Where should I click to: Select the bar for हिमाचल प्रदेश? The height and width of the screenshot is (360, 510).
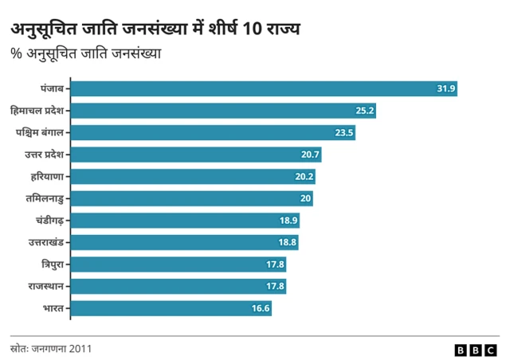(x=223, y=111)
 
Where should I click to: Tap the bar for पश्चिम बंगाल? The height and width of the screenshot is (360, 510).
(x=213, y=132)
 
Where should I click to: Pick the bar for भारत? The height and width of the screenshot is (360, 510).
(x=171, y=307)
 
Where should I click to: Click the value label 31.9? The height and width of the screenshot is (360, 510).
(x=445, y=88)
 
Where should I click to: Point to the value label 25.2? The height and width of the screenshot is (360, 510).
(x=364, y=111)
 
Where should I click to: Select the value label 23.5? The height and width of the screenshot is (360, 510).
(x=343, y=132)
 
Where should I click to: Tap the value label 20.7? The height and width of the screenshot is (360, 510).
(x=310, y=155)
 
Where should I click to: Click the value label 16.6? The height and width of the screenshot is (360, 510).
(x=260, y=307)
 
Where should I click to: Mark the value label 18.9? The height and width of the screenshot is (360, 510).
(x=288, y=220)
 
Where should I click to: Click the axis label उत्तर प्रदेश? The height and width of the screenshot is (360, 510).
(x=39, y=154)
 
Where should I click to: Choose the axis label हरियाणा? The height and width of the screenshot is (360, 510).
(x=45, y=176)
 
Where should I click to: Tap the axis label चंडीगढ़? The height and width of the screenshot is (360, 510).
(x=47, y=220)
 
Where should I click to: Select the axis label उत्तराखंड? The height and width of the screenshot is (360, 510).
(x=44, y=241)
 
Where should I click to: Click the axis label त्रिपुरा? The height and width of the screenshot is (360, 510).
(x=50, y=264)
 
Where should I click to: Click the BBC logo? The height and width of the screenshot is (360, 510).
(x=476, y=349)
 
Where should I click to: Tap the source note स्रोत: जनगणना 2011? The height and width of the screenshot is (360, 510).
(x=45, y=349)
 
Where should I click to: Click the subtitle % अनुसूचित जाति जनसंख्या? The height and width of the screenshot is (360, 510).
(x=85, y=54)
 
